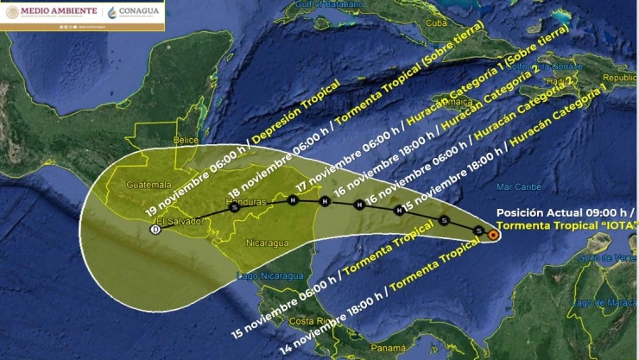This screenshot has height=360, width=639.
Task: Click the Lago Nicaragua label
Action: point(270,275)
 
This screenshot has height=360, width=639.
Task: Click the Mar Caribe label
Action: point(518,186)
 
